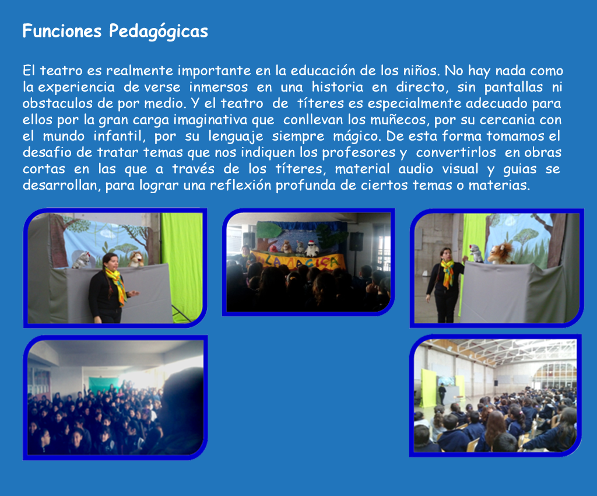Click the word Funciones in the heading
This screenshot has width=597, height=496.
(62, 31)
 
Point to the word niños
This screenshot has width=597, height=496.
(422, 71)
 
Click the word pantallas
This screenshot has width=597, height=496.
(513, 88)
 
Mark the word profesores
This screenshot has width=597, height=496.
(359, 153)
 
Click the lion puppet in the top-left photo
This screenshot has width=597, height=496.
(135, 260)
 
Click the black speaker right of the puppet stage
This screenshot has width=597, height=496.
(356, 241)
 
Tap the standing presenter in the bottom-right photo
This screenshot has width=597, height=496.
(442, 394)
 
